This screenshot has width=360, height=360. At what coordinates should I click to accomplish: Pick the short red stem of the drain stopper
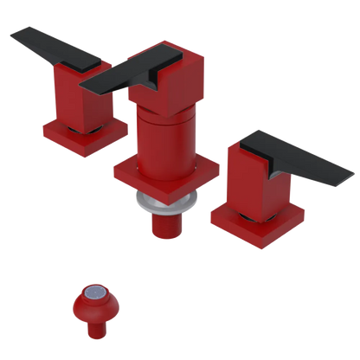95,328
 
